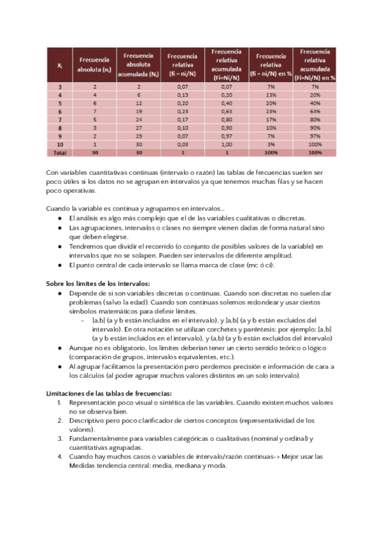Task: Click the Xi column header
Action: coord(59,65)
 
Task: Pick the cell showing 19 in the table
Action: coord(138,110)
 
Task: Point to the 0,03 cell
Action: coord(183,144)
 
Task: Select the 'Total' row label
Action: coord(59,153)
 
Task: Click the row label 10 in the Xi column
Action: coord(59,144)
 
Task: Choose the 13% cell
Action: coord(271,94)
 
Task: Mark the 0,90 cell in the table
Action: coord(227,128)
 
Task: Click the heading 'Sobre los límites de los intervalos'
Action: coord(97,283)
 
